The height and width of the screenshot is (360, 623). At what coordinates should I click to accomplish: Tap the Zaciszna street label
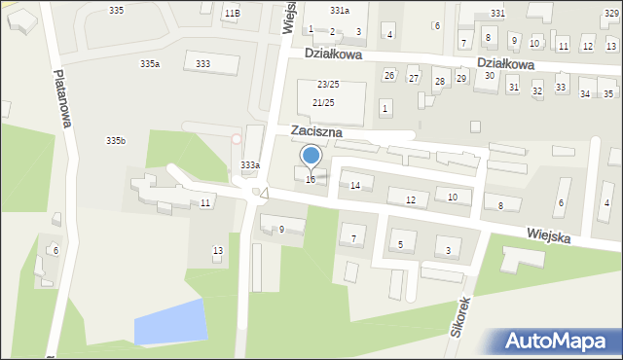point(318,131)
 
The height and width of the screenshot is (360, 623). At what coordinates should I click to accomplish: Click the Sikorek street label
point(458,316)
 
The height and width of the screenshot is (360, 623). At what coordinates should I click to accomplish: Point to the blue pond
point(170,321)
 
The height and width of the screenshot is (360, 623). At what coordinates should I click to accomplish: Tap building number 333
point(203,64)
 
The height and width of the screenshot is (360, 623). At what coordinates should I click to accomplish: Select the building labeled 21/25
point(324,102)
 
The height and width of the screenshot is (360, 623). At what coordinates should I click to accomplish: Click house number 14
point(355,185)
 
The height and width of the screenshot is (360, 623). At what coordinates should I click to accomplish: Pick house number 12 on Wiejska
point(411,199)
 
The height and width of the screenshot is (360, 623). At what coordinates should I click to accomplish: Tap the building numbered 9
point(281,230)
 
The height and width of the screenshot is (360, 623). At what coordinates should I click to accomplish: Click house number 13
point(218,251)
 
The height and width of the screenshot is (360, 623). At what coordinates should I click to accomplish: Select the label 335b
point(116,141)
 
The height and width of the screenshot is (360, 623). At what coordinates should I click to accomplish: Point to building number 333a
point(250,165)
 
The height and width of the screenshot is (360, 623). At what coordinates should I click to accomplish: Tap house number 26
point(388,75)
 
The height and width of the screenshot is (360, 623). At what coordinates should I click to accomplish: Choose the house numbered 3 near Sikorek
point(448,251)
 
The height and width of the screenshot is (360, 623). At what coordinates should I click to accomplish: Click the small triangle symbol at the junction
point(264,194)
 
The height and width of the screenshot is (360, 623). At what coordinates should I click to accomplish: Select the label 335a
point(150,63)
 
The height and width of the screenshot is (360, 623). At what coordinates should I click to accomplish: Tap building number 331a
point(339,10)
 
